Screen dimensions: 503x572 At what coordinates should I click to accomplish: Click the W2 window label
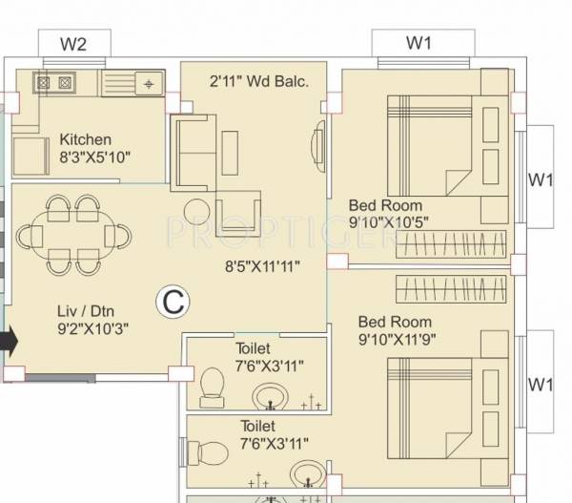(74, 44)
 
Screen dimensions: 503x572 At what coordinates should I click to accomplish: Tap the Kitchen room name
(85, 139)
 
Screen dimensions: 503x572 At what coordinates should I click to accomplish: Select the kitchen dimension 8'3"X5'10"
(94, 157)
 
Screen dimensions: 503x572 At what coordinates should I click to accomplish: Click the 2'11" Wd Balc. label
(259, 82)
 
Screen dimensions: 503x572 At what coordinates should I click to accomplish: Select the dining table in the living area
(73, 234)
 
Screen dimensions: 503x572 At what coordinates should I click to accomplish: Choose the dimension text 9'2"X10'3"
(92, 329)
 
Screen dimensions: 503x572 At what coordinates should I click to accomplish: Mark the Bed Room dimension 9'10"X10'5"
(392, 222)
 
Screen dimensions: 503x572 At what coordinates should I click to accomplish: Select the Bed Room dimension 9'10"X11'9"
(400, 339)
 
